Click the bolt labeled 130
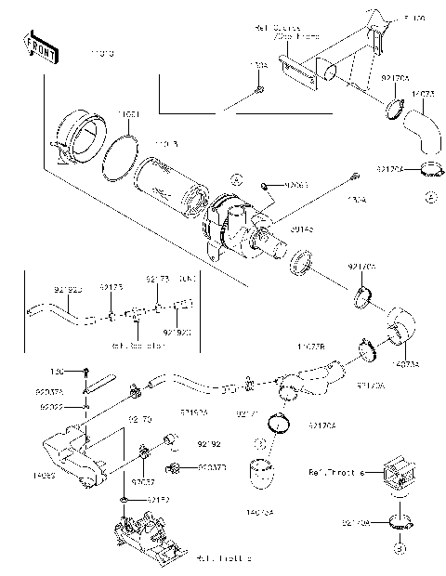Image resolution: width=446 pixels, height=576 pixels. point(85,372)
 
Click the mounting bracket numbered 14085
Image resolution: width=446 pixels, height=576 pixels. point(74,455)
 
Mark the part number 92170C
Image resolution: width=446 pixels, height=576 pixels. point(362,267)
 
